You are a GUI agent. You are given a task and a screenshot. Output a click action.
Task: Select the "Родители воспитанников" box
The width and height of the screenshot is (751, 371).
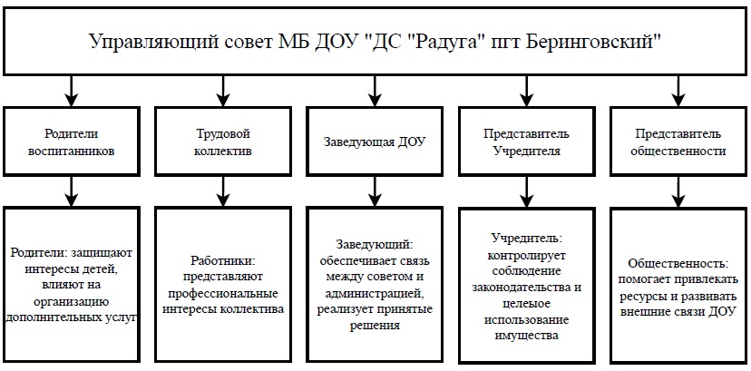point(72,141)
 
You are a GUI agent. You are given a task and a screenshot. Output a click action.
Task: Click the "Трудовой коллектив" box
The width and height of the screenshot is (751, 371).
point(223,141)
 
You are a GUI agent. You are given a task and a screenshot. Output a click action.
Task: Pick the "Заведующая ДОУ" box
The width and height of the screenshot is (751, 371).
point(375,141)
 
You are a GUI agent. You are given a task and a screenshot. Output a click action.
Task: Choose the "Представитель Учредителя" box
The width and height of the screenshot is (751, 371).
point(526,141)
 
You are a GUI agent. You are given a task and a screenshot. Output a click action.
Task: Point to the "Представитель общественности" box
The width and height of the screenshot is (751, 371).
point(678,141)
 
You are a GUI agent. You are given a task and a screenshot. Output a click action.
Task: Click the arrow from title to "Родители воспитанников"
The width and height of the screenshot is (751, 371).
point(72,91)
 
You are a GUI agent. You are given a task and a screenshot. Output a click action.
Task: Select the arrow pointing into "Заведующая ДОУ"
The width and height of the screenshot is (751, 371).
point(375,91)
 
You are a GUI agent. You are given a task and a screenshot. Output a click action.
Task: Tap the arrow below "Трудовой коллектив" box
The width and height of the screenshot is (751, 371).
point(223,191)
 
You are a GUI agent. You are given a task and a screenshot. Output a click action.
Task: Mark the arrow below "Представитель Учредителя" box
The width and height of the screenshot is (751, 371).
point(526,191)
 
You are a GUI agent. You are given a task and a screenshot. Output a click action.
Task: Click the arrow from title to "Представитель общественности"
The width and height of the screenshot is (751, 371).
point(678,91)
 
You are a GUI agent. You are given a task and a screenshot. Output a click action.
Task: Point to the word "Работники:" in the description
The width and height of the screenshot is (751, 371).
point(223,261)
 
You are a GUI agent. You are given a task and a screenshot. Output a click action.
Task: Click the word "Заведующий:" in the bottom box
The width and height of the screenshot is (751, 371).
point(375,245)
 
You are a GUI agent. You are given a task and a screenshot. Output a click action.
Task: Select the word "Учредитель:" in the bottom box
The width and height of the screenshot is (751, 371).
point(526,238)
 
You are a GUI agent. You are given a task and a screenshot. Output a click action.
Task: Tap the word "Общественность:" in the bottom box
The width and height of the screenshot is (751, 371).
point(678,263)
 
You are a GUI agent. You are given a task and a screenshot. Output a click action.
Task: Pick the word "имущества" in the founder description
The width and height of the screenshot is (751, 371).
point(526,336)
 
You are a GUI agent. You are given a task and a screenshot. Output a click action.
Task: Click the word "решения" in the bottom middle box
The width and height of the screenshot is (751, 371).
point(375,326)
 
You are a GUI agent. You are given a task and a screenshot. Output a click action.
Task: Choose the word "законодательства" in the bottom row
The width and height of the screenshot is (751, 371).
point(526,288)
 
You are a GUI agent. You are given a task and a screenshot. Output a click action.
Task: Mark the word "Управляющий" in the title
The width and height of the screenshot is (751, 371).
point(152,42)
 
